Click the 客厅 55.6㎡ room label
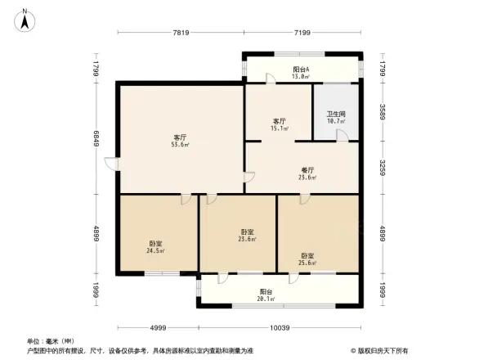(x=181, y=141)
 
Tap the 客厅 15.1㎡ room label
(x=280, y=124)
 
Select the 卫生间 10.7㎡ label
(x=336, y=117)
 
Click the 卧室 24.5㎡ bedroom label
(x=156, y=246)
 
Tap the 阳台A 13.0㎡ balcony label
(x=301, y=72)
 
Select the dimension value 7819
(x=181, y=32)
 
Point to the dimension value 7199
(x=302, y=32)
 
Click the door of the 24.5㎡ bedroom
(x=186, y=199)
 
